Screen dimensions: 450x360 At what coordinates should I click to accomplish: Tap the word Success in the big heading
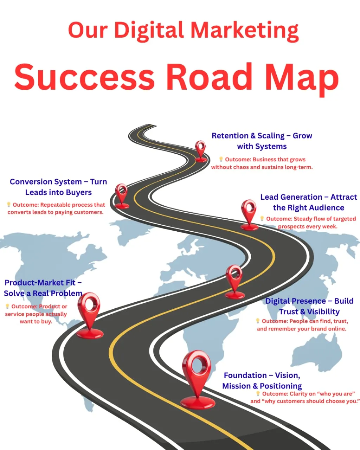pyautogui.click(x=84, y=77)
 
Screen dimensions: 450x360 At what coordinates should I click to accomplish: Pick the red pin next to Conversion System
pyautogui.click(x=122, y=194)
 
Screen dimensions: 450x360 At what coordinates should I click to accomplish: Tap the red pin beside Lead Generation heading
pyautogui.click(x=249, y=213)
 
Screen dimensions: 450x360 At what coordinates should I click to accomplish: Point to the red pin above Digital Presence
pyautogui.click(x=234, y=279)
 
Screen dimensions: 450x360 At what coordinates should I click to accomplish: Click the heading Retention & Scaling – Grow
pyautogui.click(x=262, y=136)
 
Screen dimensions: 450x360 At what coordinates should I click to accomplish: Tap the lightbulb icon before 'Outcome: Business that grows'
pyautogui.click(x=221, y=159)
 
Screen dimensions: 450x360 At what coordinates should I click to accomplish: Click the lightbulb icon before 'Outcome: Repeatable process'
pyautogui.click(x=9, y=204)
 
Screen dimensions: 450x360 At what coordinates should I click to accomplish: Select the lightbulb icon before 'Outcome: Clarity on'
pyautogui.click(x=258, y=393)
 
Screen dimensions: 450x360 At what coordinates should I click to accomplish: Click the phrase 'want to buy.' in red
pyautogui.click(x=36, y=321)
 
